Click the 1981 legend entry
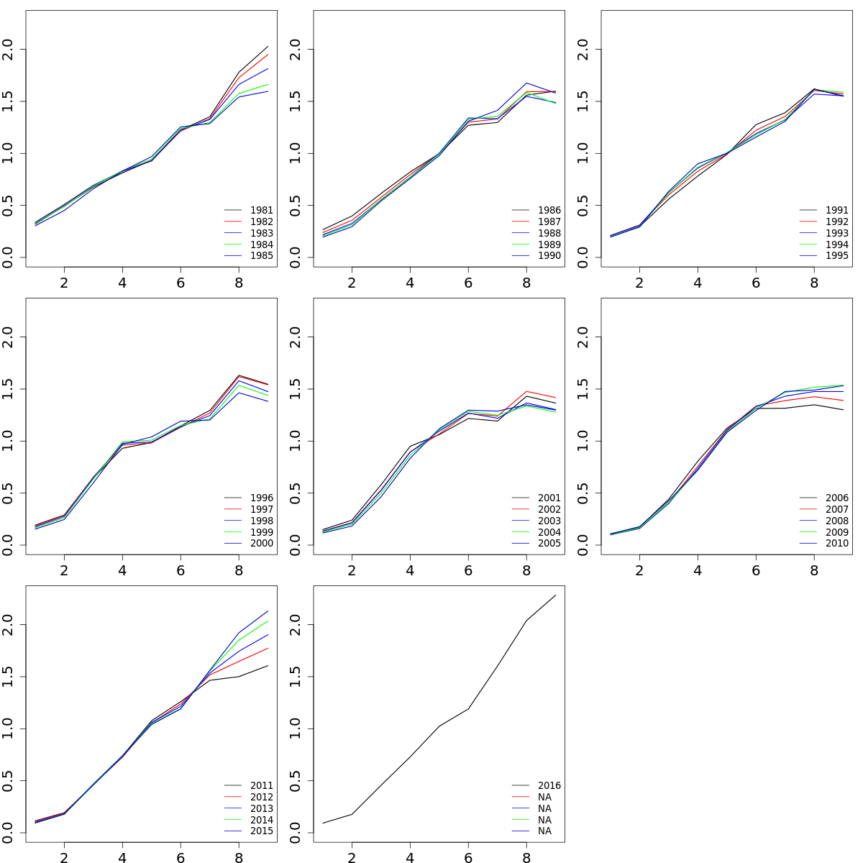[x=262, y=211]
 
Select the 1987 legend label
[x=549, y=222]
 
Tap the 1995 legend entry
[x=837, y=256]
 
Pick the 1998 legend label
[x=262, y=521]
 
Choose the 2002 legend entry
[x=549, y=510]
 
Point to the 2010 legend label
[x=837, y=544]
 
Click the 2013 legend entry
[x=262, y=809]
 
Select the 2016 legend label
[x=549, y=786]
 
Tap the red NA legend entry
[x=544, y=798]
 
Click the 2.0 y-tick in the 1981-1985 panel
[x=9, y=49]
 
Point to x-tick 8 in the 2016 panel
[x=526, y=858]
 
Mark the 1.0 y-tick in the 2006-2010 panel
[x=584, y=441]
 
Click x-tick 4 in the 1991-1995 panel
[x=698, y=283]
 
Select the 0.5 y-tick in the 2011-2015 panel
[x=9, y=781]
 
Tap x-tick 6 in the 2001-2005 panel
[x=468, y=570]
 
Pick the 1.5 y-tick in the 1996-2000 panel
[x=9, y=389]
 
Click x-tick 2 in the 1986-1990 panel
[x=352, y=283]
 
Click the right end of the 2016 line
[x=556, y=595]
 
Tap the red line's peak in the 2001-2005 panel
[x=526, y=391]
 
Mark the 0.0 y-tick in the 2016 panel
[x=296, y=833]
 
